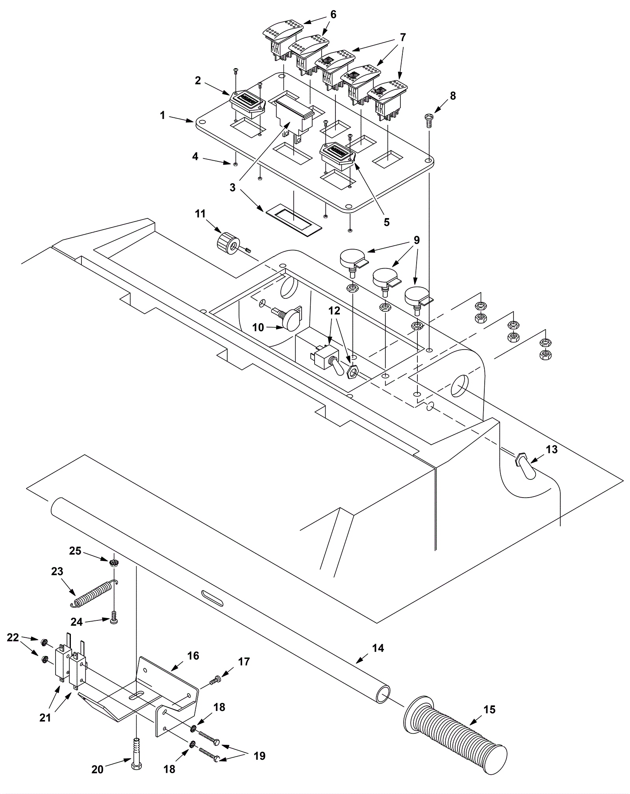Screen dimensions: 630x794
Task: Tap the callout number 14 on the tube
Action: pos(378,648)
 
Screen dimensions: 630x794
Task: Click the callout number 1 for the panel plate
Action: pos(162,115)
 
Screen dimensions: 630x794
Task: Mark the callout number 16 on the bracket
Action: pos(193,655)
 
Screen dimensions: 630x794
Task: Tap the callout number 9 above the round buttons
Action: pos(417,240)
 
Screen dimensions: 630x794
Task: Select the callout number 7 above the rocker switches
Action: pos(402,37)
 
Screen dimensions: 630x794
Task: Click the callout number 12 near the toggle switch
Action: pos(334,311)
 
